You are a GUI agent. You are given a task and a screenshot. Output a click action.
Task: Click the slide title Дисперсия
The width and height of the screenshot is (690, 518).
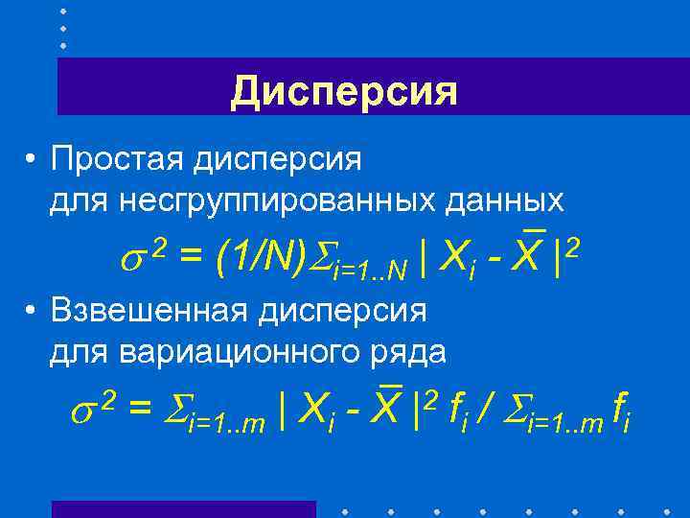tap(344, 92)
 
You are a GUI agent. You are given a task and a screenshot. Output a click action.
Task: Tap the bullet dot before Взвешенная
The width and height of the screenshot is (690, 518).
tap(33, 312)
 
